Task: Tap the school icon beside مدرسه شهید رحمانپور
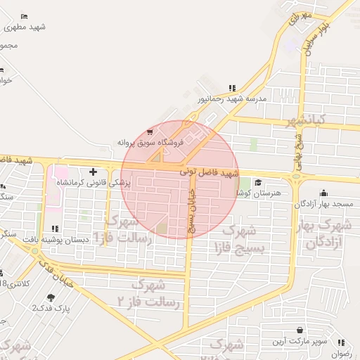232,89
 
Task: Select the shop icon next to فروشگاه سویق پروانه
150,131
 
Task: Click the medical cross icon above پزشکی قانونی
94,172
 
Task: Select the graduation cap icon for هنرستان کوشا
258,182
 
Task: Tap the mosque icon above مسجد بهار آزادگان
323,193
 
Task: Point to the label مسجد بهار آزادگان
323,203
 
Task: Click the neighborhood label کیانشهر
303,122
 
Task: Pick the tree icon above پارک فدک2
50,297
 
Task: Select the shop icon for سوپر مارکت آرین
300,330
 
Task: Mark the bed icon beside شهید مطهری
25,16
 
